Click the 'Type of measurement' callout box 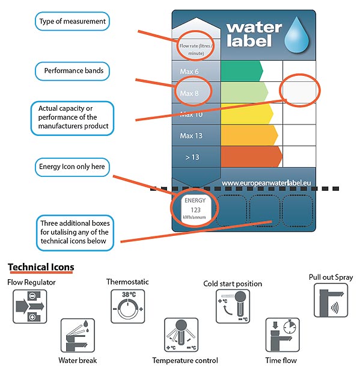pos(72,21)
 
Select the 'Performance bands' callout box pos(72,71)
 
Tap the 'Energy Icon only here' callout pos(72,167)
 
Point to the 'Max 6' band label pos(189,72)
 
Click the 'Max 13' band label pos(191,136)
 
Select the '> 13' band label pos(192,157)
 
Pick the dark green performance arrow pos(242,71)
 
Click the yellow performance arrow pos(247,114)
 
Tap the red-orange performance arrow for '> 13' pos(252,156)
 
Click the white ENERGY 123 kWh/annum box pos(195,208)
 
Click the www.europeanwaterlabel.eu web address pos(266,183)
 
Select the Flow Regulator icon pos(30,306)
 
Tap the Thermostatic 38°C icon pos(128,306)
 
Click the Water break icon pos(78,336)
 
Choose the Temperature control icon pos(182,335)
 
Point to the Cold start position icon pos(233,306)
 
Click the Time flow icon pos(282,335)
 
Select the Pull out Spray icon pos(331,300)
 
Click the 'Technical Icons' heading pos(41,267)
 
